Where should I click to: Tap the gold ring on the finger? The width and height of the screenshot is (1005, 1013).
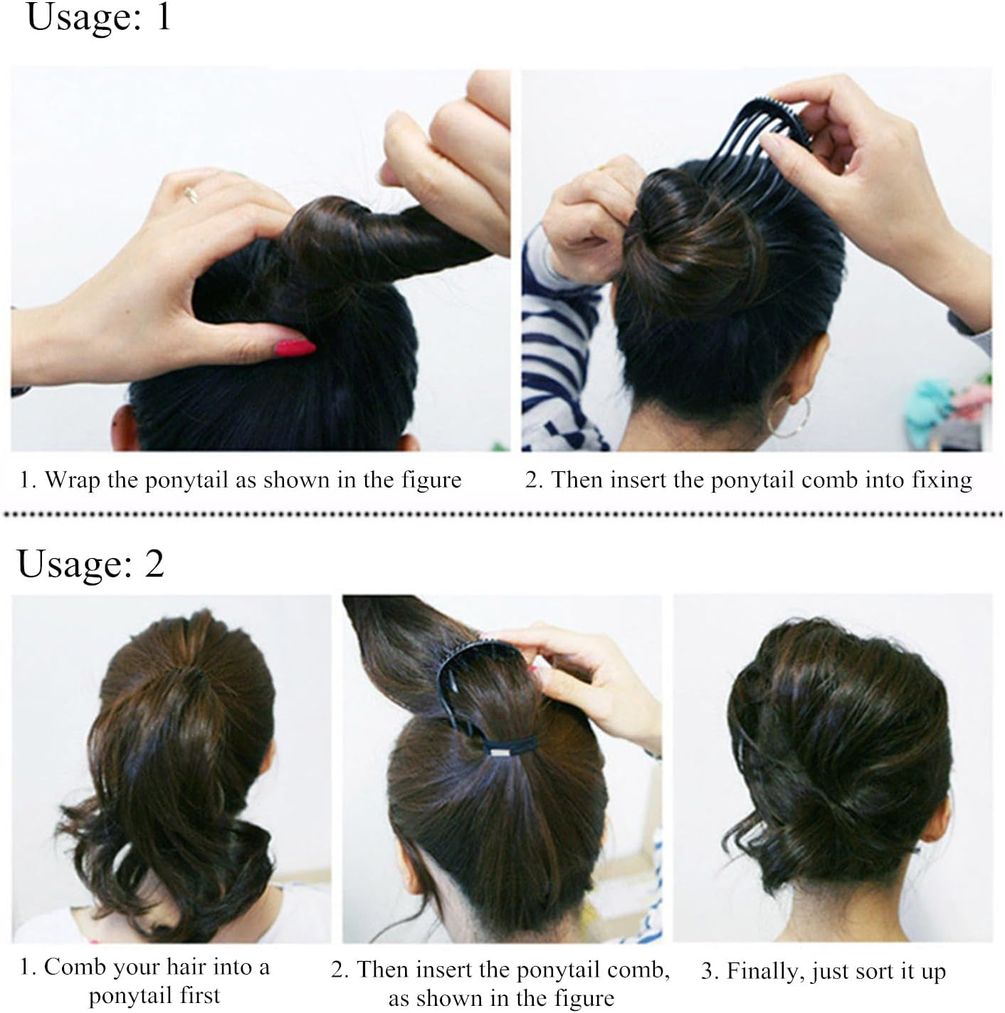coord(191,194)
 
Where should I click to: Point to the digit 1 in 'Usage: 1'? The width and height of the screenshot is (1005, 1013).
coord(163,17)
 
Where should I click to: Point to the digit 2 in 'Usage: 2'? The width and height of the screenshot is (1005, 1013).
coord(154,565)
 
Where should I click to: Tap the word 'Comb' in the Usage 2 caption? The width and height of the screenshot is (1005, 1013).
coord(75,967)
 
